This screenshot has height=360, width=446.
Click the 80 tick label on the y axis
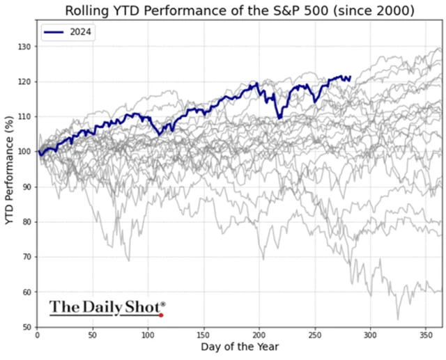tap(29, 222)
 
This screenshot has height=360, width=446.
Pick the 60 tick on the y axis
tap(29, 292)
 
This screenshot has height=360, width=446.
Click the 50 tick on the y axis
tap(29, 327)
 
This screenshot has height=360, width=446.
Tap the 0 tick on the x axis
tap(37, 334)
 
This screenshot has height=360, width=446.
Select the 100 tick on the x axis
tap(148, 334)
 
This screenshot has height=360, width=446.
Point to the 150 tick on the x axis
tap(203, 334)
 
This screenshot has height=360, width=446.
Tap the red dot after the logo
tap(161, 315)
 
